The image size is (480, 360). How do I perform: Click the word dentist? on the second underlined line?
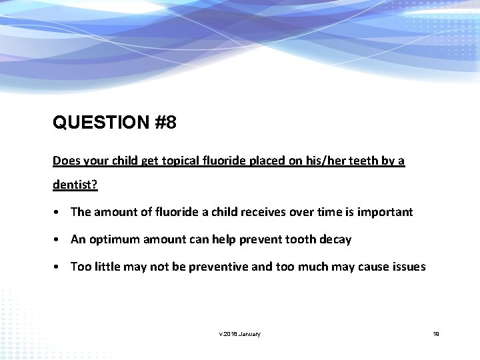point(75,185)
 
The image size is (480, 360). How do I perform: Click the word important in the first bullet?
point(385,212)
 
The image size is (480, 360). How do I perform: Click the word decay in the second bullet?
point(335,239)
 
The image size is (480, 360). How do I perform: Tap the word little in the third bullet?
point(107,267)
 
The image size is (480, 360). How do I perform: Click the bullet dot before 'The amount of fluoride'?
point(59,213)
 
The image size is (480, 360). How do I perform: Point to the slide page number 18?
point(437,334)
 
